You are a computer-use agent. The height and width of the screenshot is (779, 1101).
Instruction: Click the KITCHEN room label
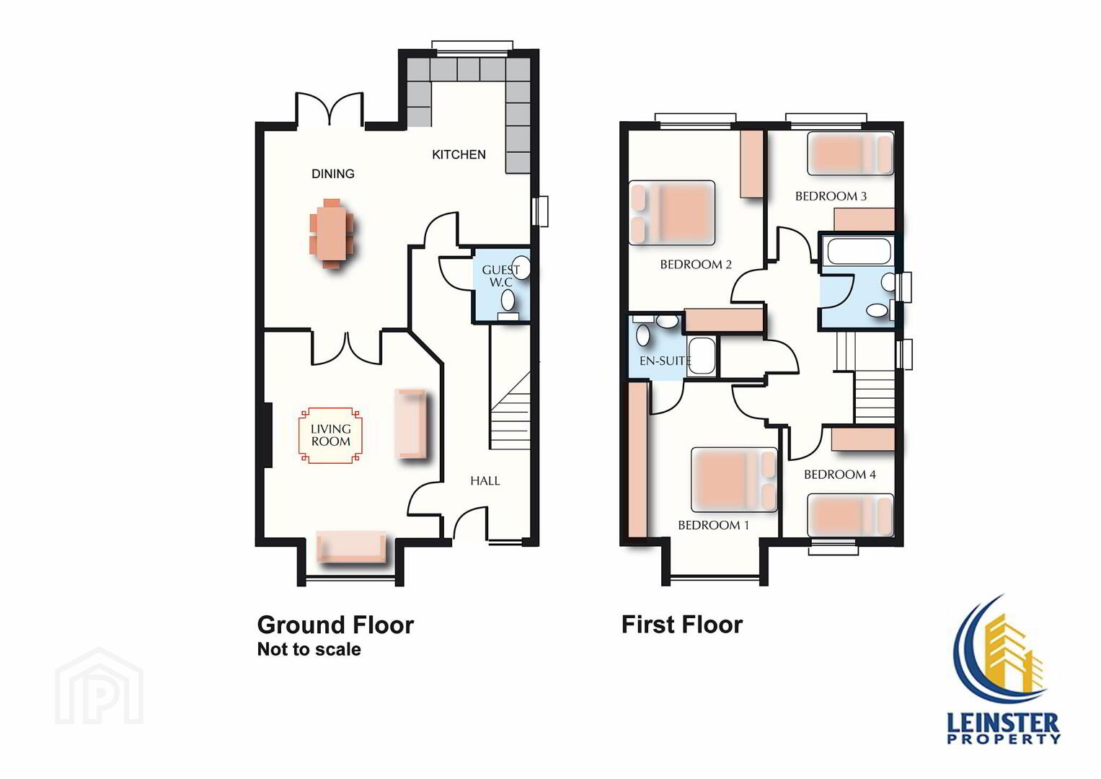pos(459,154)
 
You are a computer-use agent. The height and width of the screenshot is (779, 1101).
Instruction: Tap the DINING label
pos(333,174)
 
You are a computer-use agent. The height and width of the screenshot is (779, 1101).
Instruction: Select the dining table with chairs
pos(332,234)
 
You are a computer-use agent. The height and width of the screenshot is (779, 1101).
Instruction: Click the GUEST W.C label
pos(501,276)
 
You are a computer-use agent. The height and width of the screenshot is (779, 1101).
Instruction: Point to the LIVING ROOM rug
pos(330,435)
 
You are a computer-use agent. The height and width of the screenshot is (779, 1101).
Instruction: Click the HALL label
pos(485,481)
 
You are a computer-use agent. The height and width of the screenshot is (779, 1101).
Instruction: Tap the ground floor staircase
pos(510,410)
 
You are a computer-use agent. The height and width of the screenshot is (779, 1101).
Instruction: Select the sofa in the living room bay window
pos(351,547)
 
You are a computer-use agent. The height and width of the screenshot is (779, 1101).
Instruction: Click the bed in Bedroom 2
pos(672,213)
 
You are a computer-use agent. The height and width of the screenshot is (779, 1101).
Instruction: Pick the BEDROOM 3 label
pos(831,196)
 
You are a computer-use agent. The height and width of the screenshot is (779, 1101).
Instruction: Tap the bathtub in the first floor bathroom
pos(859,251)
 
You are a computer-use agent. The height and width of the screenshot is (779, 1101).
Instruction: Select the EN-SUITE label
pos(665,361)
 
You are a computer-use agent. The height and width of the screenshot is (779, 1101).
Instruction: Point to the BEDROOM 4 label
pos(839,475)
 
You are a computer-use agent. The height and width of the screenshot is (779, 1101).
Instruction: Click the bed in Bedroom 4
pos(850,515)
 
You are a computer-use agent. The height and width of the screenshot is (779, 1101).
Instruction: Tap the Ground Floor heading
pos(335,625)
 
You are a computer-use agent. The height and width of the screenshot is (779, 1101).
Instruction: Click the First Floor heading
pos(682,625)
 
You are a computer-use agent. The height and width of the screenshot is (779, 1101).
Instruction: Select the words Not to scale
pos(309,649)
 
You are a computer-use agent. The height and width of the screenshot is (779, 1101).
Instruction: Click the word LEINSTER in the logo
pos(1003,723)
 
